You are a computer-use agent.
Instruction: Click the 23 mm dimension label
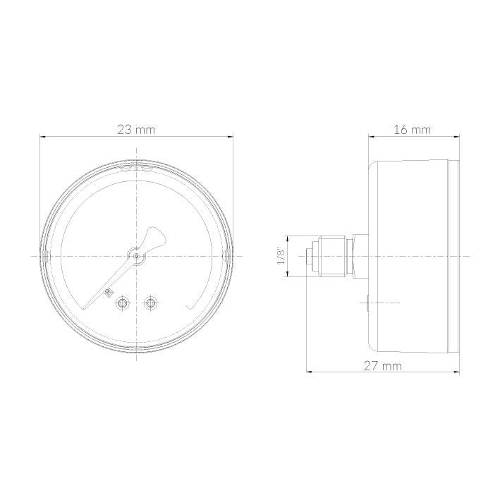[x=136, y=129]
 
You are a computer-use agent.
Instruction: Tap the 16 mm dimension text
[x=412, y=129]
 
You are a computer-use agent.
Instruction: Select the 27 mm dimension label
[x=382, y=365]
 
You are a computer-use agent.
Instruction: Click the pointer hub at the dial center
[x=135, y=256]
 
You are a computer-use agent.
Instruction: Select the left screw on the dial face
[x=123, y=303]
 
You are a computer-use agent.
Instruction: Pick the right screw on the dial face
[x=150, y=303]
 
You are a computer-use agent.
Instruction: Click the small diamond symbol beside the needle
[x=108, y=292]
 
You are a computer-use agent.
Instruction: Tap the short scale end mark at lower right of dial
[x=190, y=305]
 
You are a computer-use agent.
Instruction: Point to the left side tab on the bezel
[x=47, y=255]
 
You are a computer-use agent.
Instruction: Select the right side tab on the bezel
[x=225, y=255]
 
